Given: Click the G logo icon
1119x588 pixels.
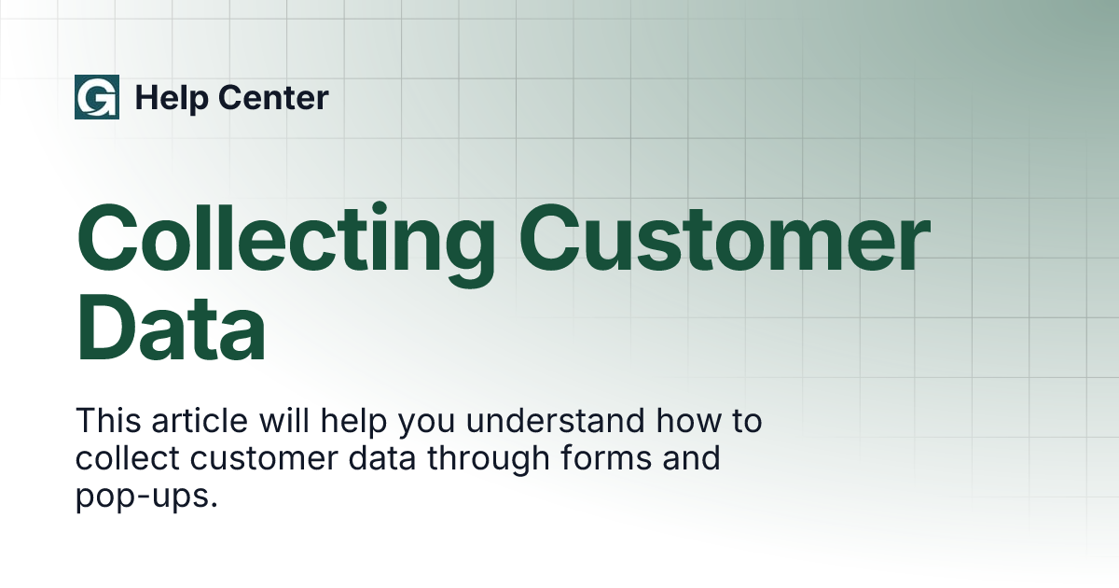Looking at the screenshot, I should click(96, 98).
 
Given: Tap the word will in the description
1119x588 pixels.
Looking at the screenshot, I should click(285, 421).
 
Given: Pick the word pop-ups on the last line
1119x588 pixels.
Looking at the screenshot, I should click(146, 497).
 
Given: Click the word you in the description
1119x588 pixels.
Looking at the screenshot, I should click(427, 421).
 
